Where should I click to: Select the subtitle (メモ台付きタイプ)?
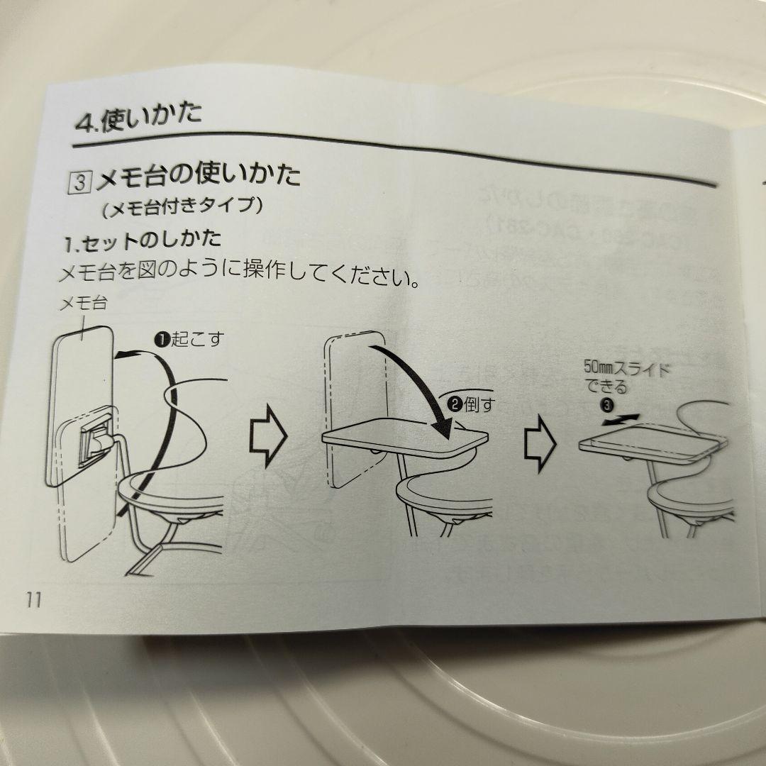(183, 207)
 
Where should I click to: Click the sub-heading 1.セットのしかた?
(142, 241)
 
